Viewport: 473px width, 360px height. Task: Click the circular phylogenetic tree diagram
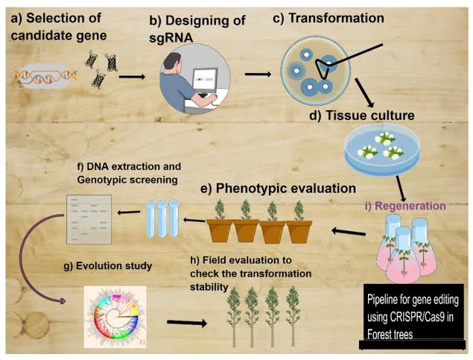[121, 319]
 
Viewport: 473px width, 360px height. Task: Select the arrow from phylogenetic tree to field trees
[186, 323]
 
